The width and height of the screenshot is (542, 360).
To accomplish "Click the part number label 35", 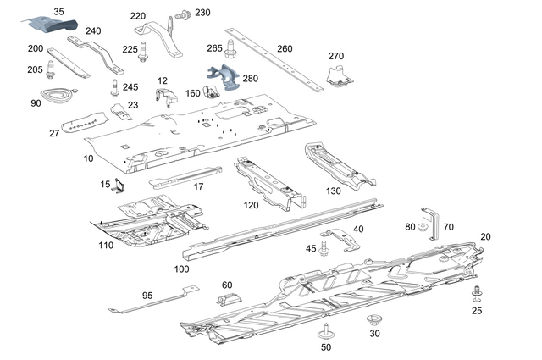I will coord(58,11).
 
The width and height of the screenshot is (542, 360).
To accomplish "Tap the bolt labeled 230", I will coord(181,14).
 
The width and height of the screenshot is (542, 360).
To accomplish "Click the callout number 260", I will coord(285,47).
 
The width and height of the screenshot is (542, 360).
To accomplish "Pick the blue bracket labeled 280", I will coord(222,79).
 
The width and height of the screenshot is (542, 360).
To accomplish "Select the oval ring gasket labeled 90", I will coord(56,95).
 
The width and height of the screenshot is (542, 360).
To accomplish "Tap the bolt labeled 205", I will coord(52,68).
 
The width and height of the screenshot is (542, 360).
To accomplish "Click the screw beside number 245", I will coord(113,87).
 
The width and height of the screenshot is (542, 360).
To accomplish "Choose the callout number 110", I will coord(105,245).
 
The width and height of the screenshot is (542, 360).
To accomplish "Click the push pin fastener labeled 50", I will coord(326,332).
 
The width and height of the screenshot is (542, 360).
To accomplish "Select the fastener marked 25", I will coord(477,294).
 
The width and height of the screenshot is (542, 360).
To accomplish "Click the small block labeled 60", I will coord(229,299).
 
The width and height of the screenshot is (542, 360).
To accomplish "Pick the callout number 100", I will coord(181,269).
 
